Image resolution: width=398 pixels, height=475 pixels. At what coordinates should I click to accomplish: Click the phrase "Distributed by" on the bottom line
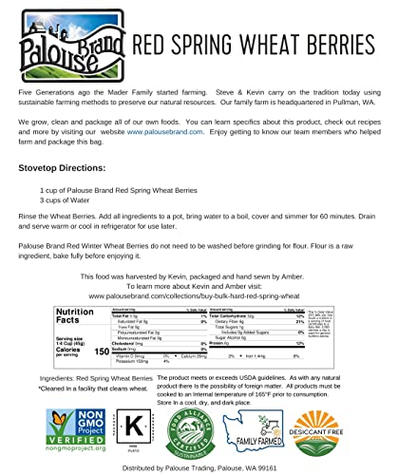(x=123, y=467)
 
